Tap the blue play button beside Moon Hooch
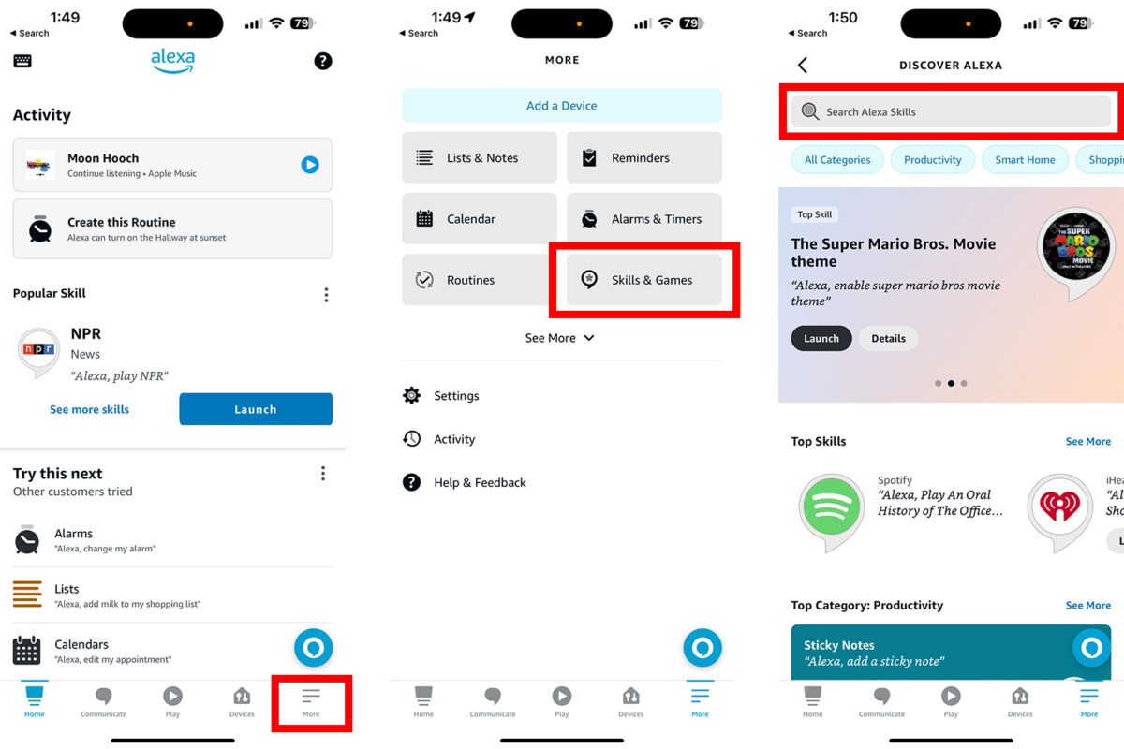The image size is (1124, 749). [310, 165]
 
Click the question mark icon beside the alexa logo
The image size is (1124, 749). [322, 61]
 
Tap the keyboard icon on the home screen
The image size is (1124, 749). [22, 61]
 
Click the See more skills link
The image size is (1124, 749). [89, 409]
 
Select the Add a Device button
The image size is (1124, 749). [561, 106]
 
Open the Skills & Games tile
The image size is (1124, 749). [643, 279]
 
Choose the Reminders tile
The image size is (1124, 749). [643, 157]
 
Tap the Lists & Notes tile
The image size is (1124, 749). [480, 157]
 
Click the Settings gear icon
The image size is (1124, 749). [411, 395]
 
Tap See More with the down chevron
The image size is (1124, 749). [559, 338]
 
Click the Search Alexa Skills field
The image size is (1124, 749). [951, 111]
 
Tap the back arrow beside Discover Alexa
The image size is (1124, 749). [803, 65]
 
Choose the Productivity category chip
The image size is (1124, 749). [932, 159]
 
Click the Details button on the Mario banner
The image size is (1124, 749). [888, 338]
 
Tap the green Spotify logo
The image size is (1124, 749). [831, 507]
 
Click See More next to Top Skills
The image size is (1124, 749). [1087, 441]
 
